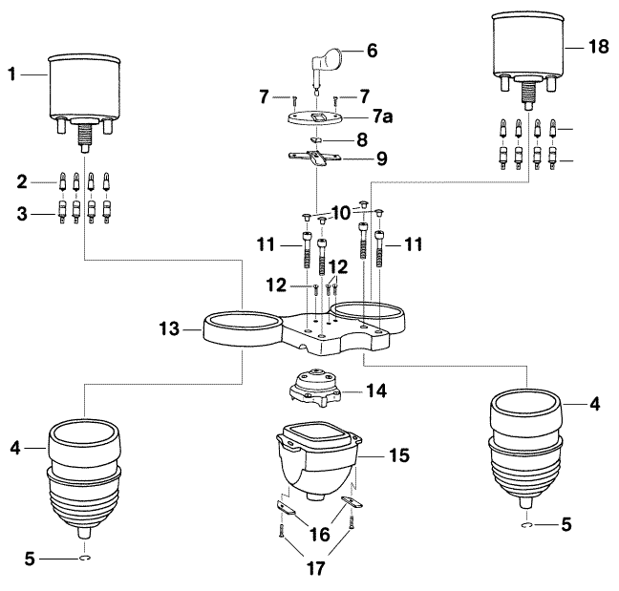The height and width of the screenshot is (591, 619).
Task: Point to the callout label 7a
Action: [381, 116]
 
